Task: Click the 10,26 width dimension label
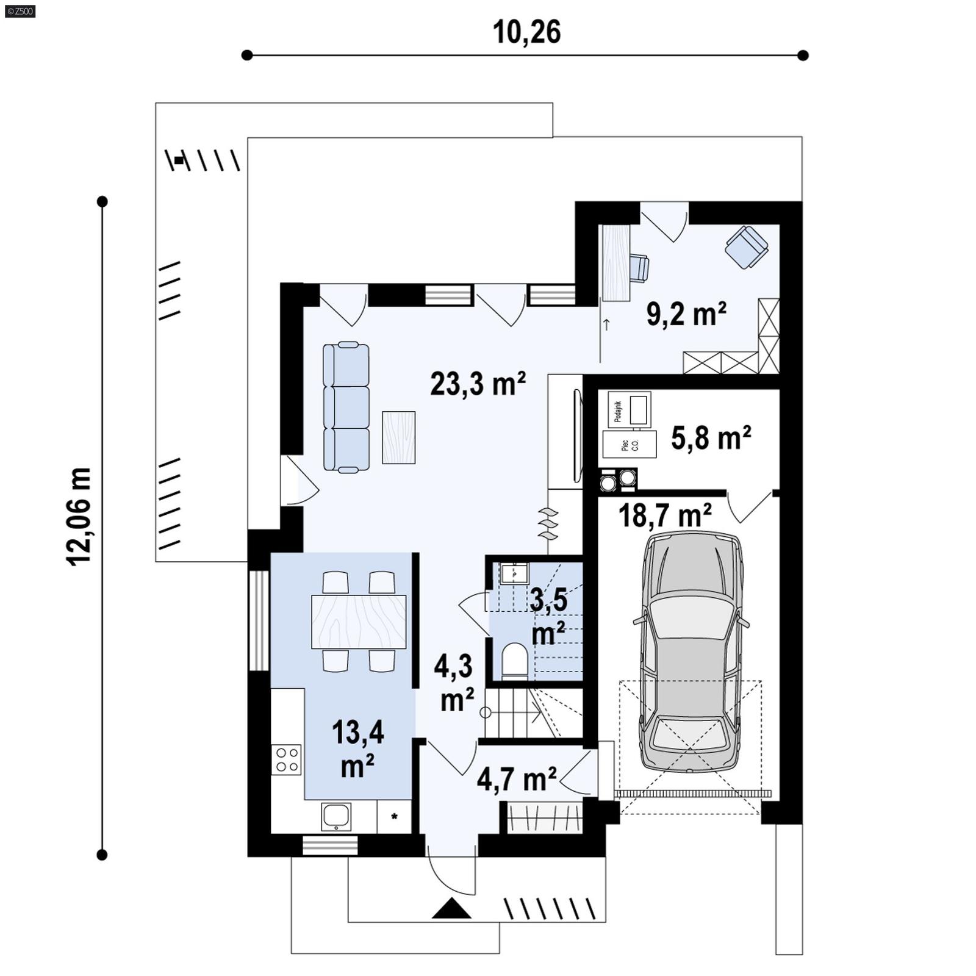pos(526,32)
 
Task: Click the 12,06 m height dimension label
pos(79,517)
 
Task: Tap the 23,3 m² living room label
pos(478,384)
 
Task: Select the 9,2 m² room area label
pos(686,315)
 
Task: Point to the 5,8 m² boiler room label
pos(711,438)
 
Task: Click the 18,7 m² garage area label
pos(665,516)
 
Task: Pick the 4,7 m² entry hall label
pos(516,779)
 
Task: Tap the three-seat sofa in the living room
pos(346,407)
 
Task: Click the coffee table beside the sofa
pos(398,437)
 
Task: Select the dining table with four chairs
pos(359,622)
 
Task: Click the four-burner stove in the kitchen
pos(286,759)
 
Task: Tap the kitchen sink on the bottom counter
pos(336,816)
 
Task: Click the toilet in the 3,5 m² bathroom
pos(514,662)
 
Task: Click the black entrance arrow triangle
pos(451,909)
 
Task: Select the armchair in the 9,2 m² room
pos(746,247)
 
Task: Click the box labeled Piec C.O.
pos(630,444)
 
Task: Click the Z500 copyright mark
pos(20,10)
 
